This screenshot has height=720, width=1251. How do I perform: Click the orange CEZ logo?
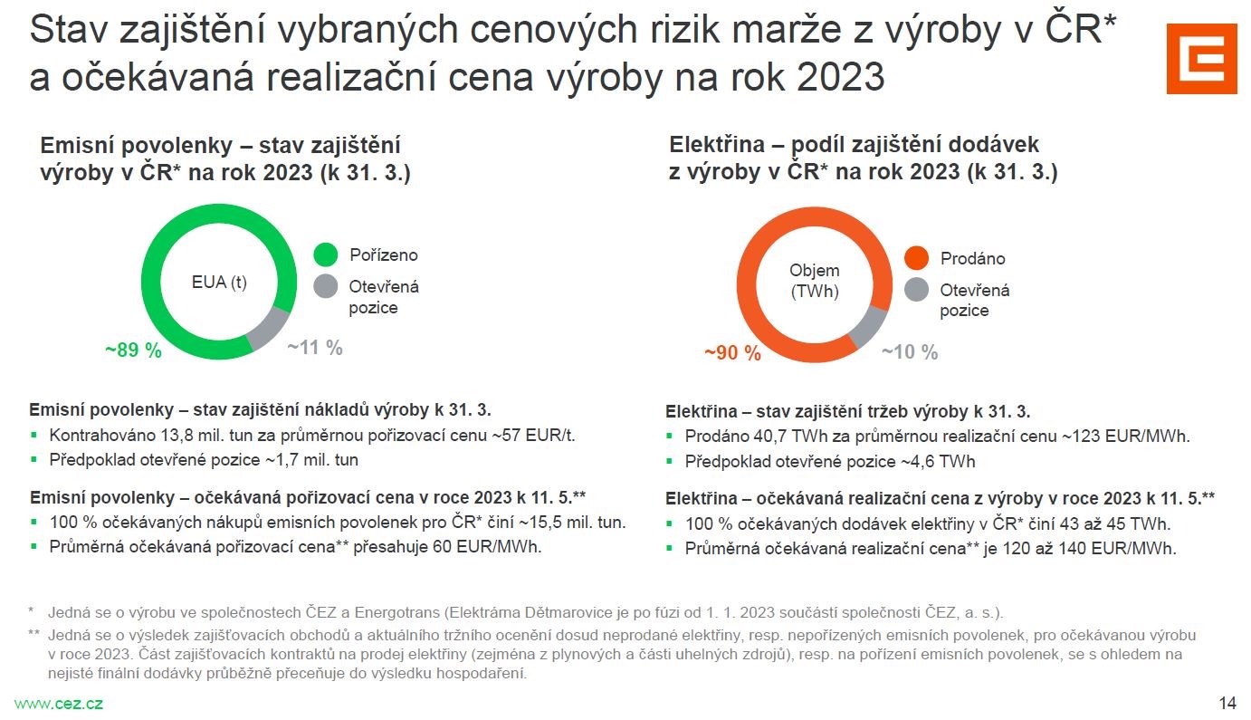tap(1201, 58)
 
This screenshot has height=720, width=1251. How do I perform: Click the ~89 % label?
tap(135, 350)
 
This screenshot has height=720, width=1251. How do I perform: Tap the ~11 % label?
tap(315, 347)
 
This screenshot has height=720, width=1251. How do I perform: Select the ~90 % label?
tap(732, 353)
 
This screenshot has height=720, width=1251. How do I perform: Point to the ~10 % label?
tap(910, 352)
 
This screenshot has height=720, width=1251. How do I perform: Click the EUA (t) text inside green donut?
tap(219, 282)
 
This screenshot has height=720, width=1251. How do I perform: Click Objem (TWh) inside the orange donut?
tap(814, 281)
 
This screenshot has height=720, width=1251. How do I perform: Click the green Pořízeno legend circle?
tap(326, 255)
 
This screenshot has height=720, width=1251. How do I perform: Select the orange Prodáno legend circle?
tap(917, 258)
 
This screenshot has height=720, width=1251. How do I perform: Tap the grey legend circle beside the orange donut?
tap(917, 290)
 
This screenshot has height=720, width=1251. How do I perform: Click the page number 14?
tap(1227, 704)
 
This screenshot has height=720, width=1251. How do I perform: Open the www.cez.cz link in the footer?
tap(58, 704)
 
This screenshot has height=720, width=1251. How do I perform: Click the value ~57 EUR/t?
tap(533, 435)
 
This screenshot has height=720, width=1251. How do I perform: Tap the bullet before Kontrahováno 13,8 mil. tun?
tap(34, 435)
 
